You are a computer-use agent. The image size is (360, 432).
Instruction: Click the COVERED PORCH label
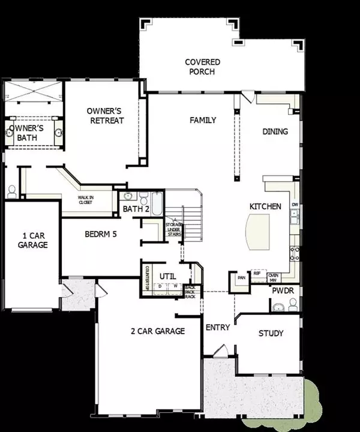202,67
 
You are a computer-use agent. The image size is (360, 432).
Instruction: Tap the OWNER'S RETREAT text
105,116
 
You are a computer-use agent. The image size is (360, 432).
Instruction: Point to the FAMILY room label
203,121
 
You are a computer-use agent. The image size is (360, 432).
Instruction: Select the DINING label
275,132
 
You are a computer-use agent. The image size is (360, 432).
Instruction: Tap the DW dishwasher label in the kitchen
295,205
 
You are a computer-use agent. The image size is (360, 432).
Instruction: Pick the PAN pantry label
242,278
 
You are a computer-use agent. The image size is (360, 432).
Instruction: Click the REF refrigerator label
256,273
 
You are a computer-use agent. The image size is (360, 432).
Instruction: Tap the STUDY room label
271,334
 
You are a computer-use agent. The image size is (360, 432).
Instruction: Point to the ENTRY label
217,328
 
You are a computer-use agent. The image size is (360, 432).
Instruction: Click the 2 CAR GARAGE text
158,331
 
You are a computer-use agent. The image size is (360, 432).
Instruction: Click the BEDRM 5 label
100,233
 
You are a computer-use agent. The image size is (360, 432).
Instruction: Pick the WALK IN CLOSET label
85,200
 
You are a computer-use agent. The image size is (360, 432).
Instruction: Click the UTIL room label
166,275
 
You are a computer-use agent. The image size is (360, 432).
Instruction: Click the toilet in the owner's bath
11,191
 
